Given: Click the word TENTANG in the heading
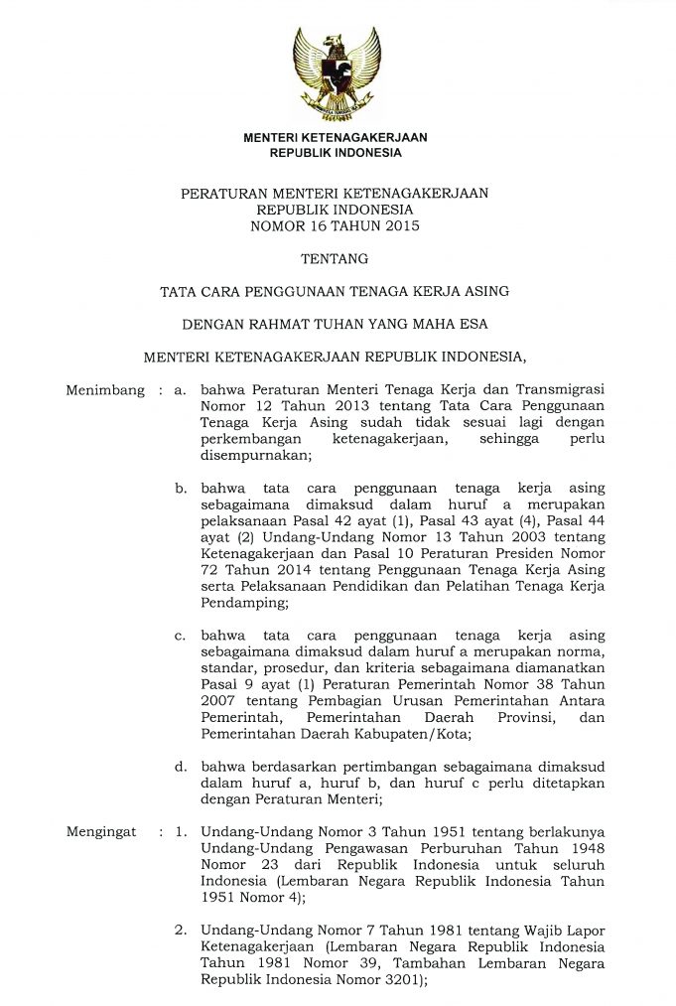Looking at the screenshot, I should pos(335,259).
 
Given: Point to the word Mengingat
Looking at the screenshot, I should pos(100,831).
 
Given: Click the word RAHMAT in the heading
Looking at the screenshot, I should pos(283,324).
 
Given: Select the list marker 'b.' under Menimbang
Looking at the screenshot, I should pos(181,489).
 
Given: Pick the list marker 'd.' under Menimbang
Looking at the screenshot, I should pos(181,767).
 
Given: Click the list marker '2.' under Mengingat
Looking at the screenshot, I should pos(181,931).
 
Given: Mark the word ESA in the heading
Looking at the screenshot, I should pos(473,324).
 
